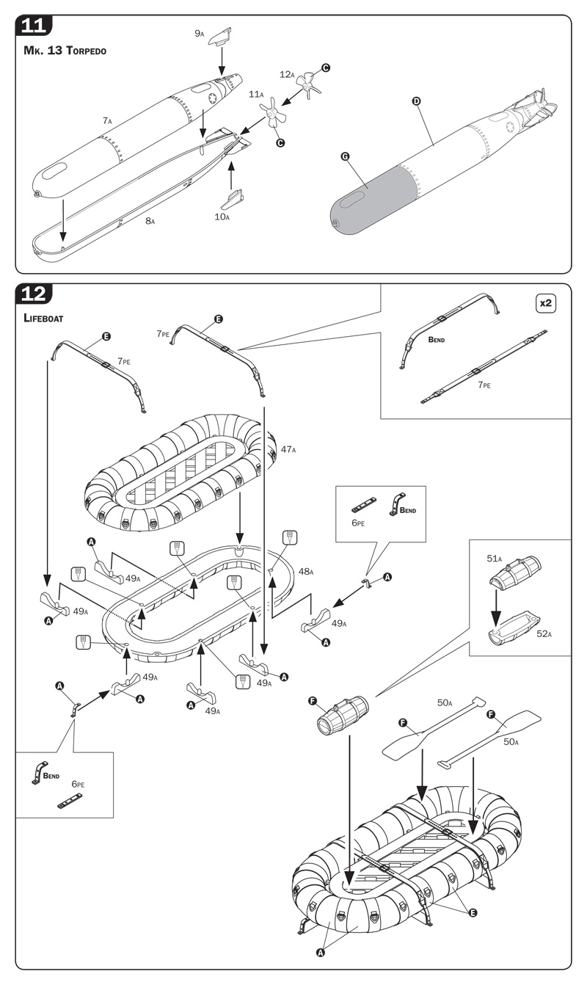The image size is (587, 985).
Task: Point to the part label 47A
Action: pos(288,448)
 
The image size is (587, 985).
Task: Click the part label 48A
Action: pos(306,572)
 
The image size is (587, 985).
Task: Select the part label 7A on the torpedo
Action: pos(107,120)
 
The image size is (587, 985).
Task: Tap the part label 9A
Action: pos(200,33)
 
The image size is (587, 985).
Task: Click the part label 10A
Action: pos(222,217)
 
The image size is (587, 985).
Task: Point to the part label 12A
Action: pos(287,74)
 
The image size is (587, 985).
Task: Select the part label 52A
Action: pos(544,633)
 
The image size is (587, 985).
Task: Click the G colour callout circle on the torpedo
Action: pos(346,156)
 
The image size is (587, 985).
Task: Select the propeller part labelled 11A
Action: pos(274,114)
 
